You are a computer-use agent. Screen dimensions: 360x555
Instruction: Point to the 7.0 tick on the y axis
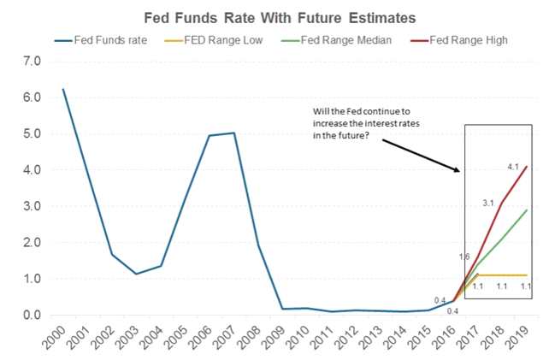tap(32, 62)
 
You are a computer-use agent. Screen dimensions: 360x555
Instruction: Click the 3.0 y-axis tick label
tap(32, 206)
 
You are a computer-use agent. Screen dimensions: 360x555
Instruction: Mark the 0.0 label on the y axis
tap(32, 316)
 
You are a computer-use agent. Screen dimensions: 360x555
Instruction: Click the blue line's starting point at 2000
tap(62, 89)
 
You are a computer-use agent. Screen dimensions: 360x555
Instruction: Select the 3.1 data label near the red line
tap(489, 202)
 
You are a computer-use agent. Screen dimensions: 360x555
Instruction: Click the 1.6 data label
tap(465, 257)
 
